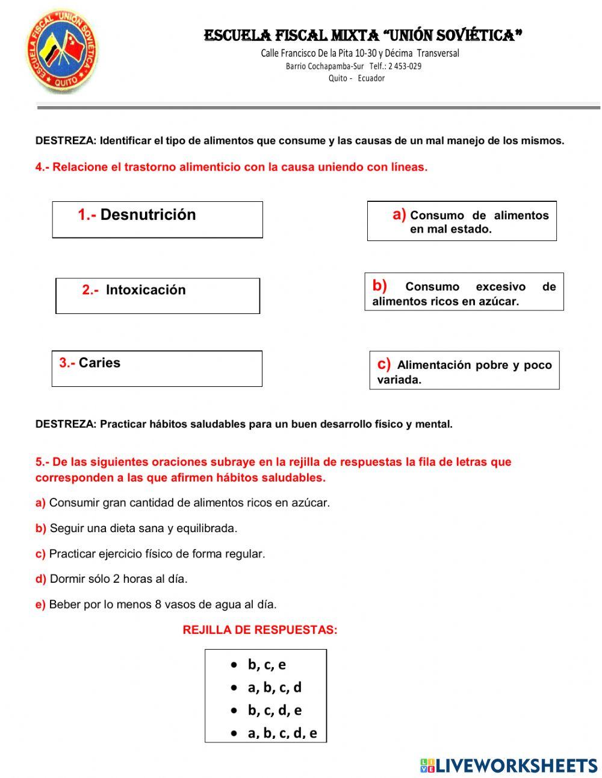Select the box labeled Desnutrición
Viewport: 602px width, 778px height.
pyautogui.click(x=157, y=219)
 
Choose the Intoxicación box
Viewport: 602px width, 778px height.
pyautogui.click(x=157, y=295)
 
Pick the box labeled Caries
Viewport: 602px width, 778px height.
pyautogui.click(x=157, y=368)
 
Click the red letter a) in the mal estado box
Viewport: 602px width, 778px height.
pyautogui.click(x=399, y=214)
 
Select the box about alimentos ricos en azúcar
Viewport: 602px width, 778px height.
pyautogui.click(x=464, y=292)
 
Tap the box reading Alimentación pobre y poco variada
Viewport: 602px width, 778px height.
pyautogui.click(x=464, y=370)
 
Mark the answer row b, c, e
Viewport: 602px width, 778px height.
pyautogui.click(x=267, y=665)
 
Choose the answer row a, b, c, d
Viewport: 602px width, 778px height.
pyautogui.click(x=275, y=688)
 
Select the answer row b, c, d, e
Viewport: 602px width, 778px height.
pyautogui.click(x=275, y=711)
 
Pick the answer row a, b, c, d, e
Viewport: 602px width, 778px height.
pyautogui.click(x=282, y=733)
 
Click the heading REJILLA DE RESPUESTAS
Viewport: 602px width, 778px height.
pyautogui.click(x=260, y=630)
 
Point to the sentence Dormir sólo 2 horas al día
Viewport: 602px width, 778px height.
pyautogui.click(x=118, y=579)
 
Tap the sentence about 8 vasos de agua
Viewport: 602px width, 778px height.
pyautogui.click(x=163, y=604)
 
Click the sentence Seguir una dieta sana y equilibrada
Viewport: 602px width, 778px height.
pyautogui.click(x=143, y=529)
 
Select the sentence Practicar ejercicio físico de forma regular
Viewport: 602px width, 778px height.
pyautogui.click(x=157, y=554)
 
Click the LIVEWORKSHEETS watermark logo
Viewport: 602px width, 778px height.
pyautogui.click(x=509, y=765)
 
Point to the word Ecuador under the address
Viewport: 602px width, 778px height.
pyautogui.click(x=371, y=78)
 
